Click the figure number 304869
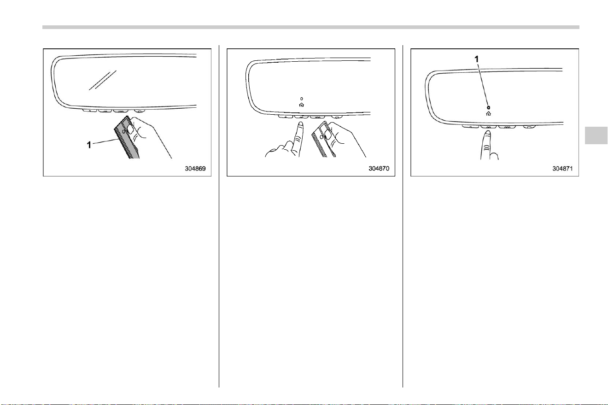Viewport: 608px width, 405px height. pos(195,169)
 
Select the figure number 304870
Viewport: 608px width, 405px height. pos(379,169)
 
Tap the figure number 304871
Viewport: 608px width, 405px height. pos(563,169)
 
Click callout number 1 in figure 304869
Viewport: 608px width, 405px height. pos(89,145)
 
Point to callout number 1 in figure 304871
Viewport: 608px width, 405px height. pos(477,59)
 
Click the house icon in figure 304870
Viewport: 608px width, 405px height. pos(301,105)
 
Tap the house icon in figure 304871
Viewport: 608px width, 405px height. pos(489,114)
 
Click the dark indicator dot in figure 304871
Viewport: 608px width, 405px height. pos(489,107)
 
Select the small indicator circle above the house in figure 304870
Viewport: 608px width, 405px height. pos(302,99)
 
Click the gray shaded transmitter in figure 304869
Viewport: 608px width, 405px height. pos(127,138)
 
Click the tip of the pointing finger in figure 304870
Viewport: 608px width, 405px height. pos(300,123)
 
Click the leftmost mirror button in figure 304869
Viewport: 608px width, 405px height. pos(90,111)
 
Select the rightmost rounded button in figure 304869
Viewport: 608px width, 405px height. pos(140,111)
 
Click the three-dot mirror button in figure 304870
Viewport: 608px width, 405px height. pos(318,117)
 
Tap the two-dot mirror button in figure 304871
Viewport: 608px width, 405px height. pos(488,127)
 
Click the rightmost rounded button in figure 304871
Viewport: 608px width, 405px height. pos(529,127)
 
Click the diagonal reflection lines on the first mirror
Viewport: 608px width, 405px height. pos(103,80)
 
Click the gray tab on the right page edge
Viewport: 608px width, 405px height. pos(596,135)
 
